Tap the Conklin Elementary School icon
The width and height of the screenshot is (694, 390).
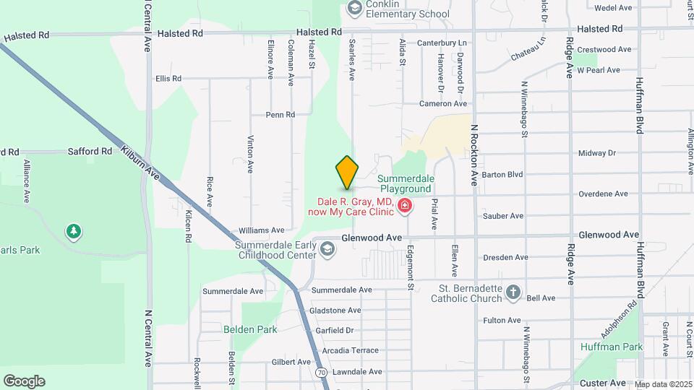pos(354,8)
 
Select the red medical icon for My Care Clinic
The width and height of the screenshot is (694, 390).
pos(405,207)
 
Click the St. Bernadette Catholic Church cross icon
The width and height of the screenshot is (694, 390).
pos(513,292)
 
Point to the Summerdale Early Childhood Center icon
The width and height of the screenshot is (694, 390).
pos(327,249)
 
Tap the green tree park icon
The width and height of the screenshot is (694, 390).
pos(73,231)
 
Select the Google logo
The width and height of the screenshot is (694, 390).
pos(25,381)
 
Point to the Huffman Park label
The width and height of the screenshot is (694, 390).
pos(611,347)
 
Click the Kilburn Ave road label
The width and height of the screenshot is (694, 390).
pos(140,162)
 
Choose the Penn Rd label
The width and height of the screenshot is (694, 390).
pos(280,115)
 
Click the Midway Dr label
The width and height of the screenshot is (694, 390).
pos(596,153)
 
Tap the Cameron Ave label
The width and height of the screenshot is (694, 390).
pos(444,104)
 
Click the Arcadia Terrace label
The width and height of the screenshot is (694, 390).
pos(350,350)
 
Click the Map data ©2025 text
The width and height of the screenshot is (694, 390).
pos(663,384)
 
